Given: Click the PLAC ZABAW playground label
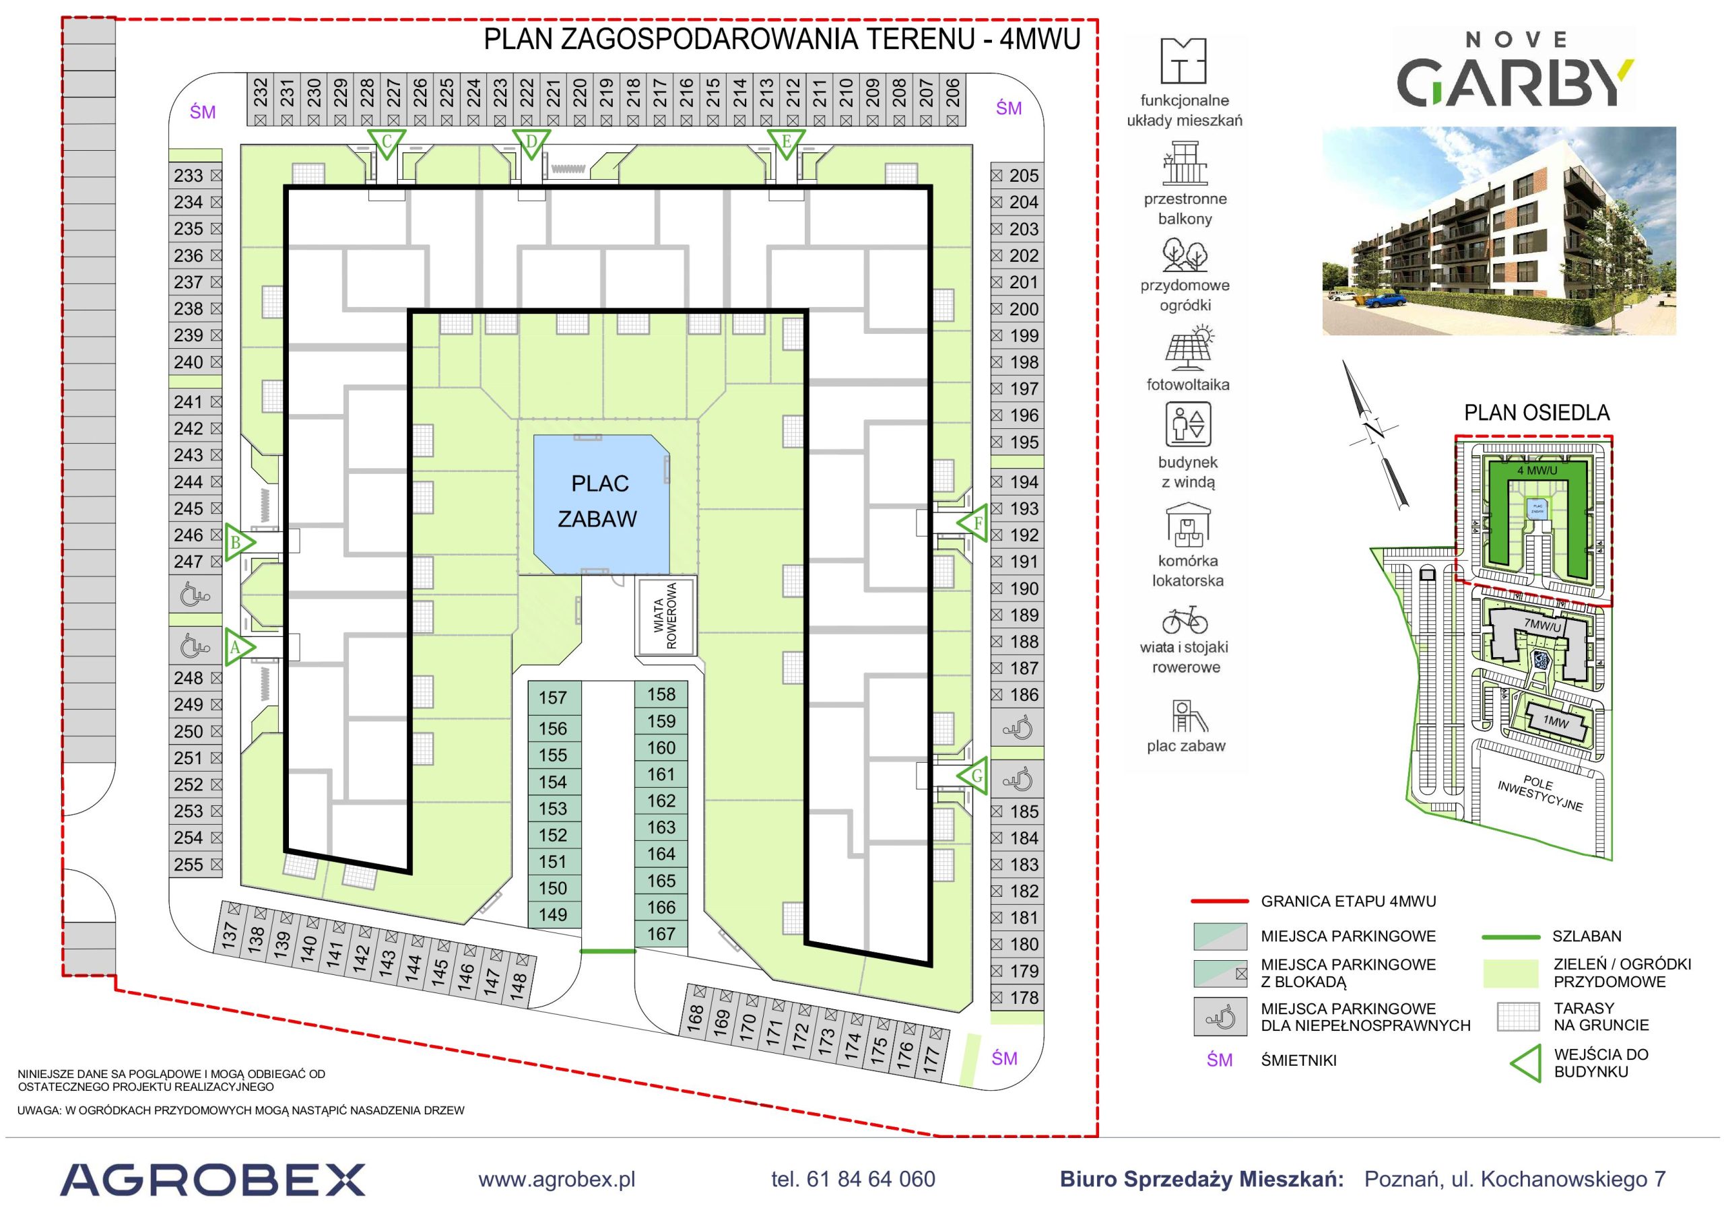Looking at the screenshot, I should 599,501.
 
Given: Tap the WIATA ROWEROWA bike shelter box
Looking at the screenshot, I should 667,616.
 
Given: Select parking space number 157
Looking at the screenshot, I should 554,698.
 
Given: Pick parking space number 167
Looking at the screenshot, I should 661,933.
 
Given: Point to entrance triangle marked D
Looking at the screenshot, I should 531,143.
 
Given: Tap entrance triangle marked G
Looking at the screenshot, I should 974,776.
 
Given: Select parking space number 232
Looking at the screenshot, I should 261,99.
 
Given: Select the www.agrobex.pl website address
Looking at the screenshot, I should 556,1180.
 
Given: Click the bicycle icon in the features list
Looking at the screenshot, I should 1185,621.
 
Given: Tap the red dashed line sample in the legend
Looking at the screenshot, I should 1220,901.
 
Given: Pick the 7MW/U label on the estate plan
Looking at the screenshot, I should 1542,625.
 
